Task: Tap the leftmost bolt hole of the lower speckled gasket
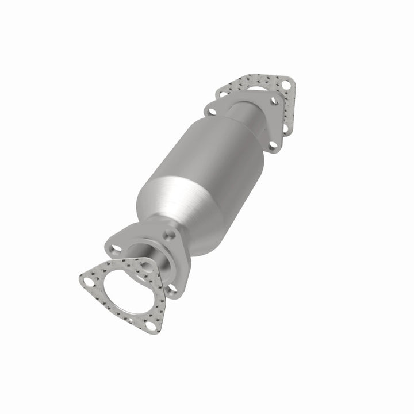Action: (88, 282)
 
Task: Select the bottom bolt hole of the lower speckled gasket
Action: (151, 325)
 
